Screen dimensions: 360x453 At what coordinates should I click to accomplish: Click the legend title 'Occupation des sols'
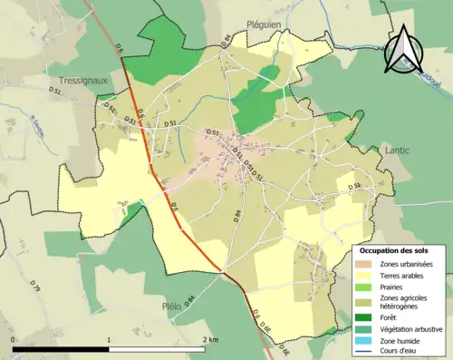point(395,249)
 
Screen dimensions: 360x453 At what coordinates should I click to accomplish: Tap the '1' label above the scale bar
point(110,339)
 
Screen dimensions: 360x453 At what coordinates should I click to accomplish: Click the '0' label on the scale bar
point(13,339)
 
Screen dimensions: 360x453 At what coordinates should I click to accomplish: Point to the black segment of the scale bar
point(62,348)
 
